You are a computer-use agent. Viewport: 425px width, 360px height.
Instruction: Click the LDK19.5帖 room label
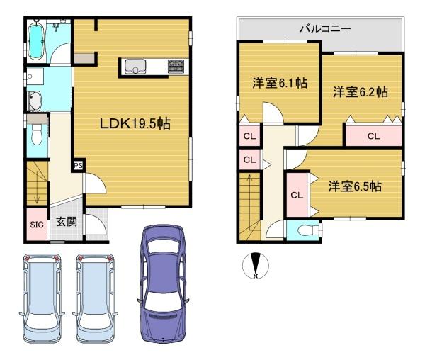(x=135, y=123)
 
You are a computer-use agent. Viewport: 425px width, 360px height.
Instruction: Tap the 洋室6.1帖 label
(x=280, y=83)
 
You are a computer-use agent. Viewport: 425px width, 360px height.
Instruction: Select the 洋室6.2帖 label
(x=361, y=92)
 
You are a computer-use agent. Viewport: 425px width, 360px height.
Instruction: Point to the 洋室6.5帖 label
(x=355, y=186)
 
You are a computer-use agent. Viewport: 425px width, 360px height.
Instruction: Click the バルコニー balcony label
(x=325, y=28)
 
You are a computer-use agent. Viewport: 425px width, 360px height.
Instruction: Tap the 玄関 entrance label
(x=67, y=222)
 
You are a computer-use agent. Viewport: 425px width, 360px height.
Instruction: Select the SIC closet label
(x=37, y=225)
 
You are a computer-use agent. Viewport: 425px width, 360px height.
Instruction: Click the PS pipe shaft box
(x=79, y=165)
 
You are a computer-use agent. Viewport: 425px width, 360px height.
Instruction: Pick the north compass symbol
(x=255, y=266)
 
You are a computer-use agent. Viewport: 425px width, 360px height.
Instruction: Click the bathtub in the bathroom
(x=36, y=40)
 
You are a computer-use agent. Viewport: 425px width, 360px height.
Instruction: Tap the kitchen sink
(x=135, y=67)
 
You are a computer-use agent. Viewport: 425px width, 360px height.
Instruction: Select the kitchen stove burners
(x=176, y=66)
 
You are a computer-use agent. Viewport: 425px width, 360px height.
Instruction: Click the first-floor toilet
(x=36, y=135)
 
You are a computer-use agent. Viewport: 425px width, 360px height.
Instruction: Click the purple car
(x=163, y=284)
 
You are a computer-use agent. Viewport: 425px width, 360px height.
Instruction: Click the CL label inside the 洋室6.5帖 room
(x=297, y=195)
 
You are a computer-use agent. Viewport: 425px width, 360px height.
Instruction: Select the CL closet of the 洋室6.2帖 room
(x=373, y=136)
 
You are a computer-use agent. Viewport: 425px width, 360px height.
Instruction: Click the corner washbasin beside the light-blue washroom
(x=35, y=101)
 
